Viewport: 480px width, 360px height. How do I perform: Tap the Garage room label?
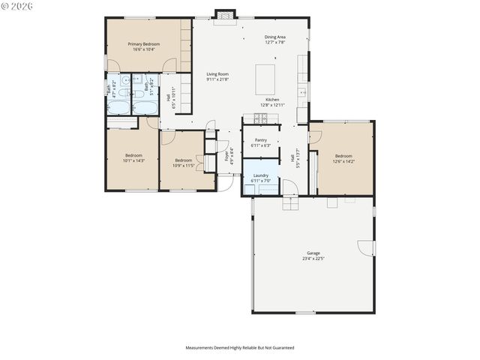coord(313,253)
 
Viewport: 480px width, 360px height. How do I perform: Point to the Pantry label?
coord(260,139)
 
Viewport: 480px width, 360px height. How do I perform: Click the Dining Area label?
coord(274,37)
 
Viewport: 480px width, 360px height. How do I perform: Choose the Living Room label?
coord(217,73)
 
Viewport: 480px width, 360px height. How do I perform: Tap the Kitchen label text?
coord(271,100)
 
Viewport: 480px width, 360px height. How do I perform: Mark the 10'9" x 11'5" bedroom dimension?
coord(184,164)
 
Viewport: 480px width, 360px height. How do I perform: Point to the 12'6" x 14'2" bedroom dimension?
coord(344,160)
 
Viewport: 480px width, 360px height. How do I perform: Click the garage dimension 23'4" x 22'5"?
coord(313,259)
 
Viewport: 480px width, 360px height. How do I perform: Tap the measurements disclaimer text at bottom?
coord(240,348)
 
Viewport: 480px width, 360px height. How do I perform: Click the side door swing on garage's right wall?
coord(365,247)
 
